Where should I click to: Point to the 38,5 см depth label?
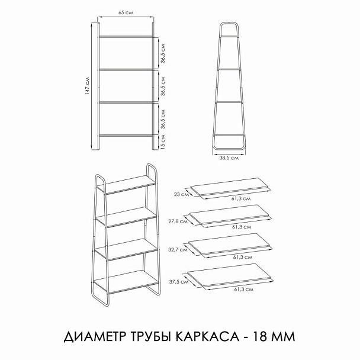[x=229, y=157]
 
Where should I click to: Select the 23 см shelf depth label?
[x=181, y=193]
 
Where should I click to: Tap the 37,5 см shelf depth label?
[x=178, y=281]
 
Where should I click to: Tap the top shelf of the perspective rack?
[x=130, y=187]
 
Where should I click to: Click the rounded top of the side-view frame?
[x=230, y=24]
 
